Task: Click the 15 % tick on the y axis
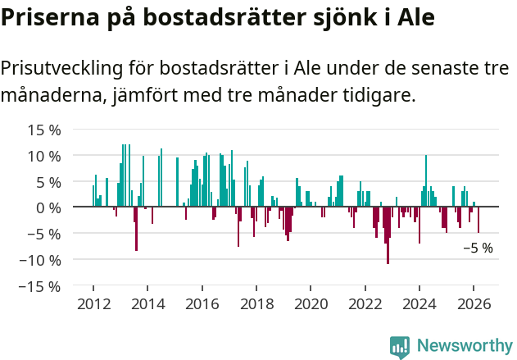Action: click(x=44, y=130)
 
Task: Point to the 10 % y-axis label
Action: click(x=44, y=156)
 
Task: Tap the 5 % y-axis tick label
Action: click(x=48, y=182)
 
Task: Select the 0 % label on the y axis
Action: click(x=48, y=207)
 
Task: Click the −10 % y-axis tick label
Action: click(x=41, y=260)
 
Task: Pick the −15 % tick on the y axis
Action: click(x=41, y=286)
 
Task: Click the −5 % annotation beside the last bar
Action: click(x=478, y=248)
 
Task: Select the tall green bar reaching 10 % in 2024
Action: click(x=426, y=180)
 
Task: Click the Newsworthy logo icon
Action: click(x=399, y=347)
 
